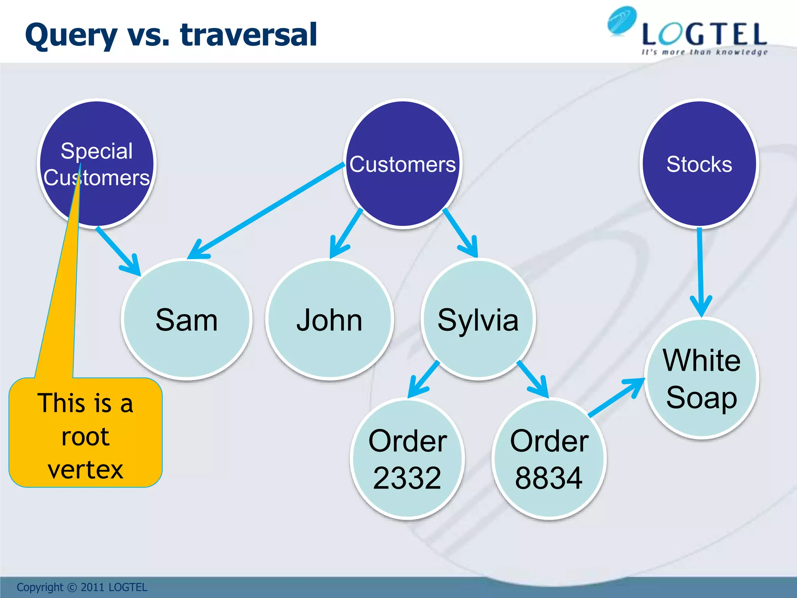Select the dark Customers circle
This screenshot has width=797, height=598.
403,164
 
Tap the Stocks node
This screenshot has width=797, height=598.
699,164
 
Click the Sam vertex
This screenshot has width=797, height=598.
187,319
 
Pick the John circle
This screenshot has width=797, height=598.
330,319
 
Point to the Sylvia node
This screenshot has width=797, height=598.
478,319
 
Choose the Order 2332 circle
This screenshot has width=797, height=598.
407,459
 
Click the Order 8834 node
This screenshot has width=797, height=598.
549,459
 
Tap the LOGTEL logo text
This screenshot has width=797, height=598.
704,35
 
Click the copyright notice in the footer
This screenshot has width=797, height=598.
82,587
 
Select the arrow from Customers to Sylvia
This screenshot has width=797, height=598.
460,233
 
